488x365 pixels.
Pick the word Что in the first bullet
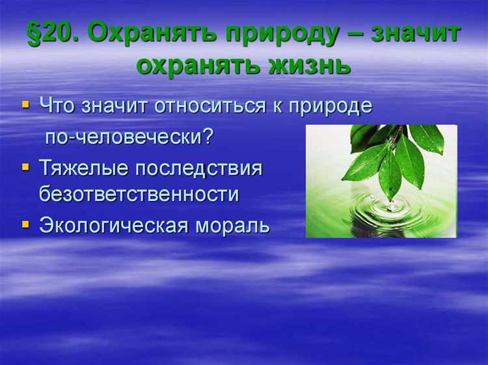click(58, 106)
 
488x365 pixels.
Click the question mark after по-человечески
click(209, 137)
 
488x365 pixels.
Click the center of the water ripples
click(390, 208)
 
